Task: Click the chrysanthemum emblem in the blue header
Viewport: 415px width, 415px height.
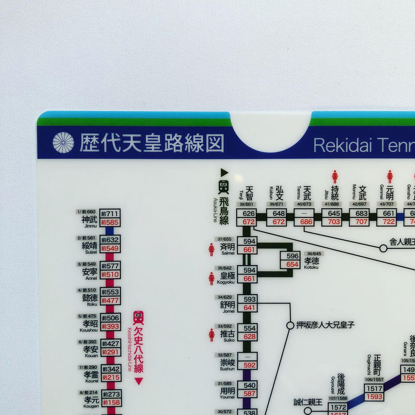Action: click(x=63, y=143)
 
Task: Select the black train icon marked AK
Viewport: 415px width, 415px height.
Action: click(x=224, y=187)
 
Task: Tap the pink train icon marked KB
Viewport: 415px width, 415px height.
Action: click(x=139, y=317)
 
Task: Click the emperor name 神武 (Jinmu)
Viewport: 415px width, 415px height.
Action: click(x=89, y=220)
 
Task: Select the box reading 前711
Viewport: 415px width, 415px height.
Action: click(x=110, y=214)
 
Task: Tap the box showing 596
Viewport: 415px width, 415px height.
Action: click(x=293, y=256)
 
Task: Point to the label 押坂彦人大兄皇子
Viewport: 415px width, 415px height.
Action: click(x=325, y=325)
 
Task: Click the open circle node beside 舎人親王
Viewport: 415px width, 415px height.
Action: click(x=383, y=248)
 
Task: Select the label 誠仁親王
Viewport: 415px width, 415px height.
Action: click(x=308, y=402)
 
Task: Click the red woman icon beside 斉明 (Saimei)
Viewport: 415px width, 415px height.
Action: click(x=212, y=250)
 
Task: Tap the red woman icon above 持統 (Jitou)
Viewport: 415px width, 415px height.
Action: click(x=335, y=177)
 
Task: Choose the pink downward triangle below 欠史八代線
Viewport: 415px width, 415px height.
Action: click(x=139, y=381)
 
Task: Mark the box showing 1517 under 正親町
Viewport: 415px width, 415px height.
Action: click(x=374, y=389)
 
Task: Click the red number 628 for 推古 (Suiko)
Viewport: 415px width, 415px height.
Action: click(x=250, y=337)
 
